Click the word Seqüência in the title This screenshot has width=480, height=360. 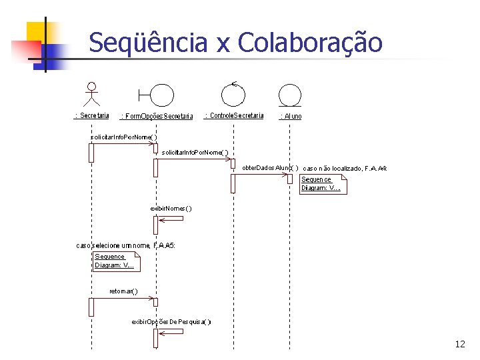click(149, 43)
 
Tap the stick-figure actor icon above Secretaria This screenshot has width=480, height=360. click(91, 95)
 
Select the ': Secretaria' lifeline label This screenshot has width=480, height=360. click(91, 115)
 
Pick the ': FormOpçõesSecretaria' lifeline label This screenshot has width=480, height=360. click(157, 117)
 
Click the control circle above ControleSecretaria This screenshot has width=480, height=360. click(233, 94)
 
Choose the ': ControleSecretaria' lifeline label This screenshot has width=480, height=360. click(234, 115)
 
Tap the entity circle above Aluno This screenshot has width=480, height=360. click(290, 95)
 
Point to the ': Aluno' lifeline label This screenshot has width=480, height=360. click(290, 116)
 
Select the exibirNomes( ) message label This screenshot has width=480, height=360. click(171, 208)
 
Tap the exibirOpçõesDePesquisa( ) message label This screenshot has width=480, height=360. click(171, 321)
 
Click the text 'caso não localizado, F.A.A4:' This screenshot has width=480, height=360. click(345, 169)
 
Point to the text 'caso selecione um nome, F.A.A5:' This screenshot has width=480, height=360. click(125, 245)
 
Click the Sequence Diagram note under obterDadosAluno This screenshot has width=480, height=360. click(323, 184)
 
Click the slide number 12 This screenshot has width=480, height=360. click(459, 344)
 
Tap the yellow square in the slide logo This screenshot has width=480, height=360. click(39, 33)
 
